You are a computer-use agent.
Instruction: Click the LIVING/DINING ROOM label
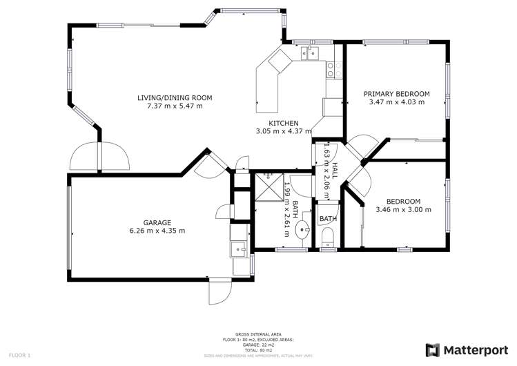(x=175, y=97)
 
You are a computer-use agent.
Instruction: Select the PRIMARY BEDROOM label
(x=397, y=94)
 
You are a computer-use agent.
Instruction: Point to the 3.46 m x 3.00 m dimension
(x=403, y=209)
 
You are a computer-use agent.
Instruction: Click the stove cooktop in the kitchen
(x=331, y=69)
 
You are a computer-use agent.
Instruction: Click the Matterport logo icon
(x=433, y=349)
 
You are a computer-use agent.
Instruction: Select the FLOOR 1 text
(x=19, y=355)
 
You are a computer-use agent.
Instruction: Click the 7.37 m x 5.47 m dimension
(x=175, y=106)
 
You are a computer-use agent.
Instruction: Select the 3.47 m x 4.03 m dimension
(x=397, y=102)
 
